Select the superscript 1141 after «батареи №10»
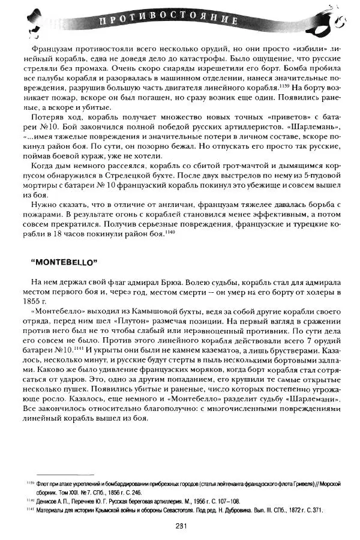pyautogui.click(x=82, y=346)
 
